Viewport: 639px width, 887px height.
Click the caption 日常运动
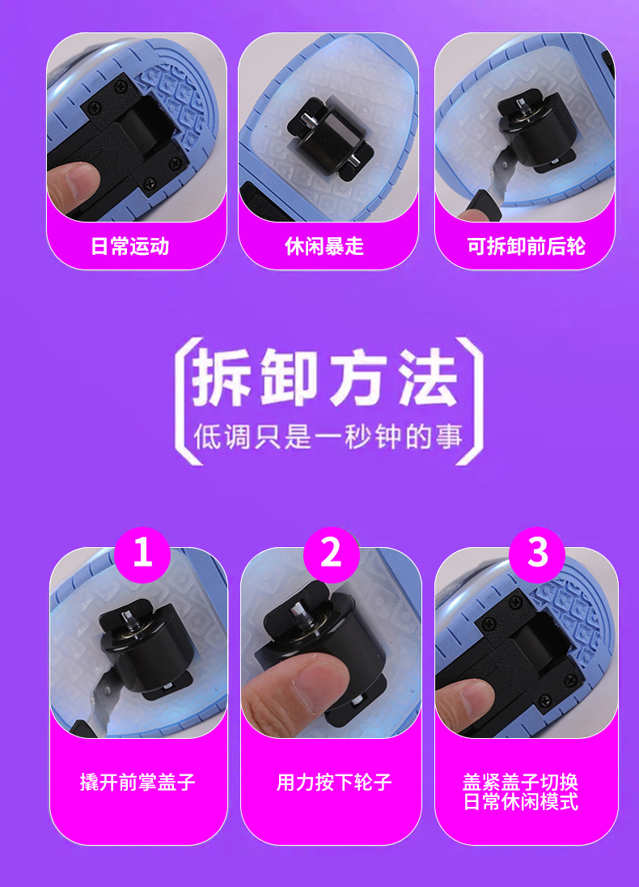[x=130, y=247]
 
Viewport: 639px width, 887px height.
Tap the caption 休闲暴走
[x=324, y=247]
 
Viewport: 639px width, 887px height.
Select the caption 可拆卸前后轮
[x=526, y=247]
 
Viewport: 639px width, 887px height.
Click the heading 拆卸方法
[x=324, y=377]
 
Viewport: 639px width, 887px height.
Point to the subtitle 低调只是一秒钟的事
[x=328, y=437]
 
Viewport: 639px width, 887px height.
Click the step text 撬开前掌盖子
[x=138, y=783]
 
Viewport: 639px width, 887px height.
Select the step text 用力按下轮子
[x=334, y=783]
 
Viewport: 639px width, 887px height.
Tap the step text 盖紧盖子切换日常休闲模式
[x=521, y=792]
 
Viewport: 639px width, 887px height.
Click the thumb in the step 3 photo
[x=461, y=704]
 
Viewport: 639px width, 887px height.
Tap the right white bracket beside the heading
[x=471, y=401]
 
